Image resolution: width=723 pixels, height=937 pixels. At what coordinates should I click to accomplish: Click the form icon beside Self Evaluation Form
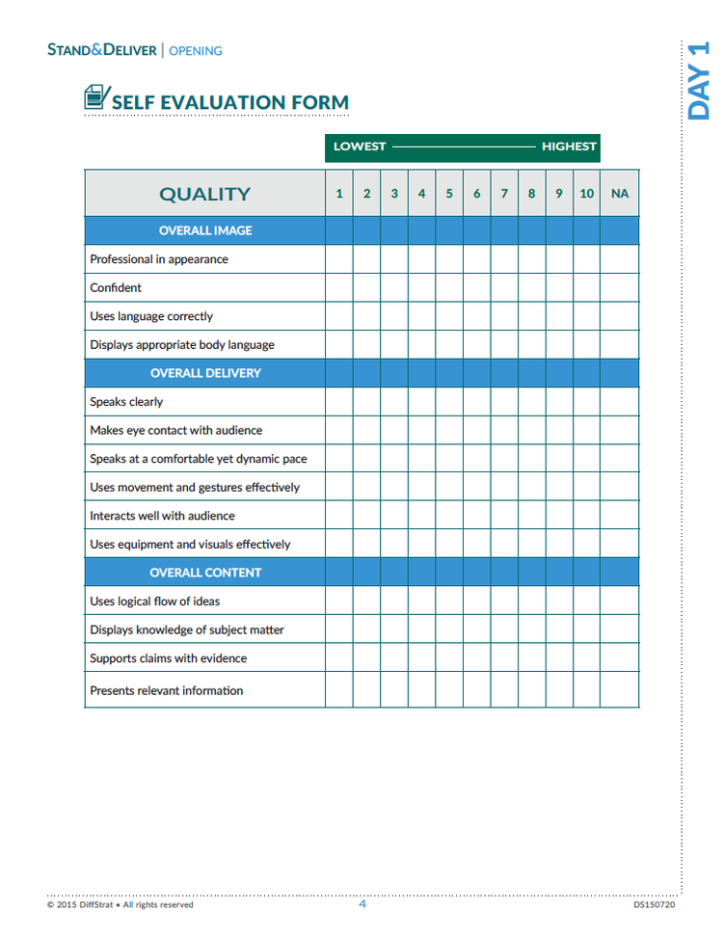click(x=95, y=97)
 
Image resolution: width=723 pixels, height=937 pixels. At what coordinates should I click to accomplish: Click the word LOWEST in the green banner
click(x=360, y=147)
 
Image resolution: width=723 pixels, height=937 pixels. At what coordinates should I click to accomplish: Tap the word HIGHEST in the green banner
click(x=569, y=147)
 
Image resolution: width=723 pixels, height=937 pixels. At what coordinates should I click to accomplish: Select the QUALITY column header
click(x=204, y=194)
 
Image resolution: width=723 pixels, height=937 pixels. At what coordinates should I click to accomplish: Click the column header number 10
click(x=586, y=194)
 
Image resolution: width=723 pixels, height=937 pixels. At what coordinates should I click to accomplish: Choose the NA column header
click(x=620, y=194)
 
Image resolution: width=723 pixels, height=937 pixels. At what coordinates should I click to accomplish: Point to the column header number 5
click(x=449, y=194)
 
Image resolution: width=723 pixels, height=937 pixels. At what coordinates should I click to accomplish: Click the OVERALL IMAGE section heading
click(x=205, y=230)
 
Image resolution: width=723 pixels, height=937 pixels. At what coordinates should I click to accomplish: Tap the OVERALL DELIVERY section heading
click(x=205, y=373)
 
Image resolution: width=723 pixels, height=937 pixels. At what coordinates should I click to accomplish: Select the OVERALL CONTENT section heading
click(x=205, y=573)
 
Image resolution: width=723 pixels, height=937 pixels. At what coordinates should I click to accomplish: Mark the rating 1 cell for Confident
click(x=338, y=287)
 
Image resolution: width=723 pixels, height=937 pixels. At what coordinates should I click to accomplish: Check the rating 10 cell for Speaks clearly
click(x=586, y=402)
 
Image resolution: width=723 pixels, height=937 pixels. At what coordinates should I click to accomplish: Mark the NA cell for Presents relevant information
click(x=620, y=690)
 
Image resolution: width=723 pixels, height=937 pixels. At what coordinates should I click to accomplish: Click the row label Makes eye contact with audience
click(x=175, y=431)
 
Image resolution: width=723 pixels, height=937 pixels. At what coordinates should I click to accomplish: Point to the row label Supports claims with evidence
click(x=168, y=658)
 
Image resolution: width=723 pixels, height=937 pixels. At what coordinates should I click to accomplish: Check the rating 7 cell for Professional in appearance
click(x=504, y=259)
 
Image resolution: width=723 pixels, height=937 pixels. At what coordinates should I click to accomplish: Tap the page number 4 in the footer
click(x=362, y=904)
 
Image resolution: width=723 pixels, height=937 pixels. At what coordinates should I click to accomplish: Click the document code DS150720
click(x=654, y=905)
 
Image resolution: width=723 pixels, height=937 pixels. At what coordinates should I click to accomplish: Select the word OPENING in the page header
click(x=196, y=50)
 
